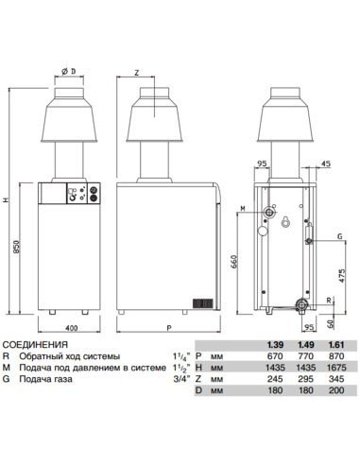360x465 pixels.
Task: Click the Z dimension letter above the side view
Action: [137, 73]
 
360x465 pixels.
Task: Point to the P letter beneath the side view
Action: [167, 327]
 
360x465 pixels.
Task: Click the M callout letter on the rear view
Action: [243, 207]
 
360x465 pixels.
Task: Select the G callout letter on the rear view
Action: [337, 235]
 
